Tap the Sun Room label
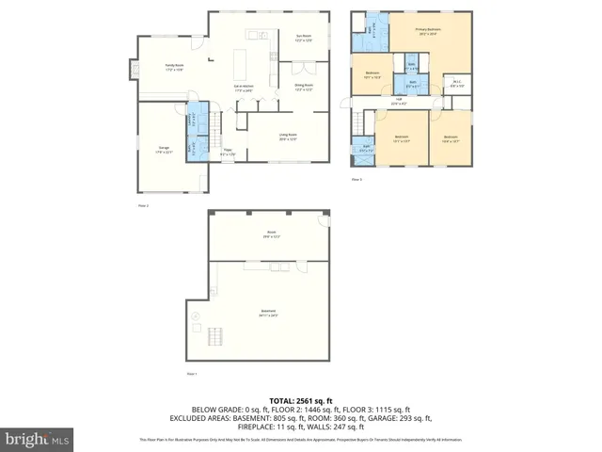(x=304, y=38)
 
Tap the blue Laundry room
(x=192, y=119)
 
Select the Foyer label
(x=227, y=152)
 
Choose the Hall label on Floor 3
(x=399, y=101)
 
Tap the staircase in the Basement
(x=217, y=335)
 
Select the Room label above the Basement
(x=271, y=234)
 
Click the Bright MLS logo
(x=37, y=439)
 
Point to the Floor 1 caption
(x=191, y=374)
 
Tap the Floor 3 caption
(x=356, y=179)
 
